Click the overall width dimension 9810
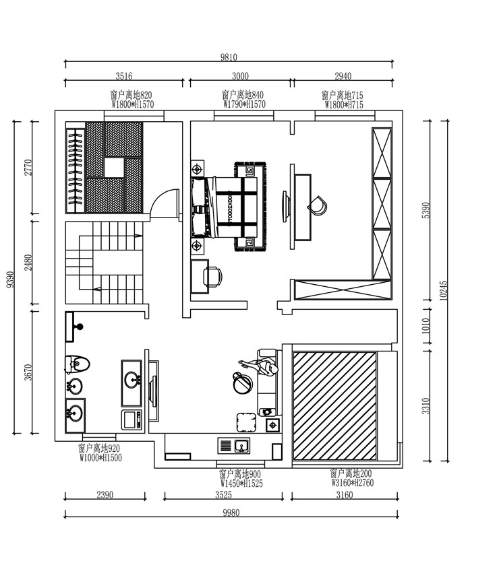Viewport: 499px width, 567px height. click(229, 57)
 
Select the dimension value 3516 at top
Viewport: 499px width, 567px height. click(124, 76)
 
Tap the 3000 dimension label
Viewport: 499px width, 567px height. click(240, 76)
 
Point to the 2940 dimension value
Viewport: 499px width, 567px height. click(343, 76)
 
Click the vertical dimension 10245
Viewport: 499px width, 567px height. click(444, 291)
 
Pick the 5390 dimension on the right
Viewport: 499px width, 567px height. click(426, 210)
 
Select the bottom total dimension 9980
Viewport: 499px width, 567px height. click(231, 512)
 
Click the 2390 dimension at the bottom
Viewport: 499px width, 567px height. click(105, 495)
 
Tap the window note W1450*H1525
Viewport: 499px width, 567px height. click(241, 483)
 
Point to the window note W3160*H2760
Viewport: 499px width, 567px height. click(353, 483)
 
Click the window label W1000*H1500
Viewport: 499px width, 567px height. click(100, 458)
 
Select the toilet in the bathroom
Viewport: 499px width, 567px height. click(77, 364)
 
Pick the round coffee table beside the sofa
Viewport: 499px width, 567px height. click(243, 384)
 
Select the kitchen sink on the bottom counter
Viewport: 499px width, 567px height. click(241, 446)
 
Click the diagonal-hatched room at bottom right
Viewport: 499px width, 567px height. click(334, 406)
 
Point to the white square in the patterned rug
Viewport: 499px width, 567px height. click(115, 168)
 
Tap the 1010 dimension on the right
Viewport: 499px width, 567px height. click(426, 325)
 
